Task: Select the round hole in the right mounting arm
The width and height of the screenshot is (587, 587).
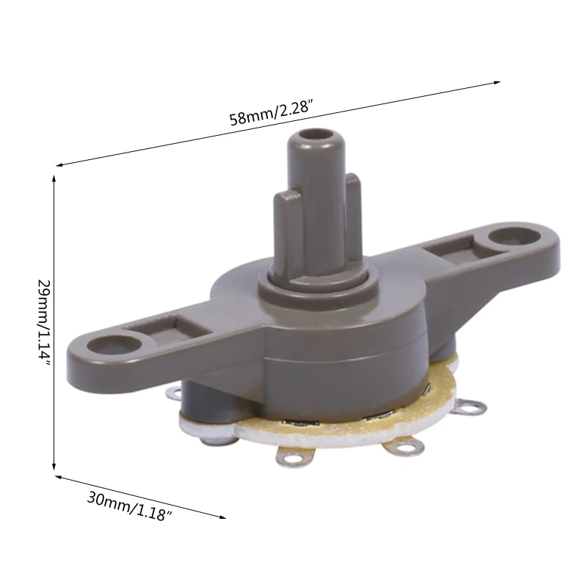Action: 507,238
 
